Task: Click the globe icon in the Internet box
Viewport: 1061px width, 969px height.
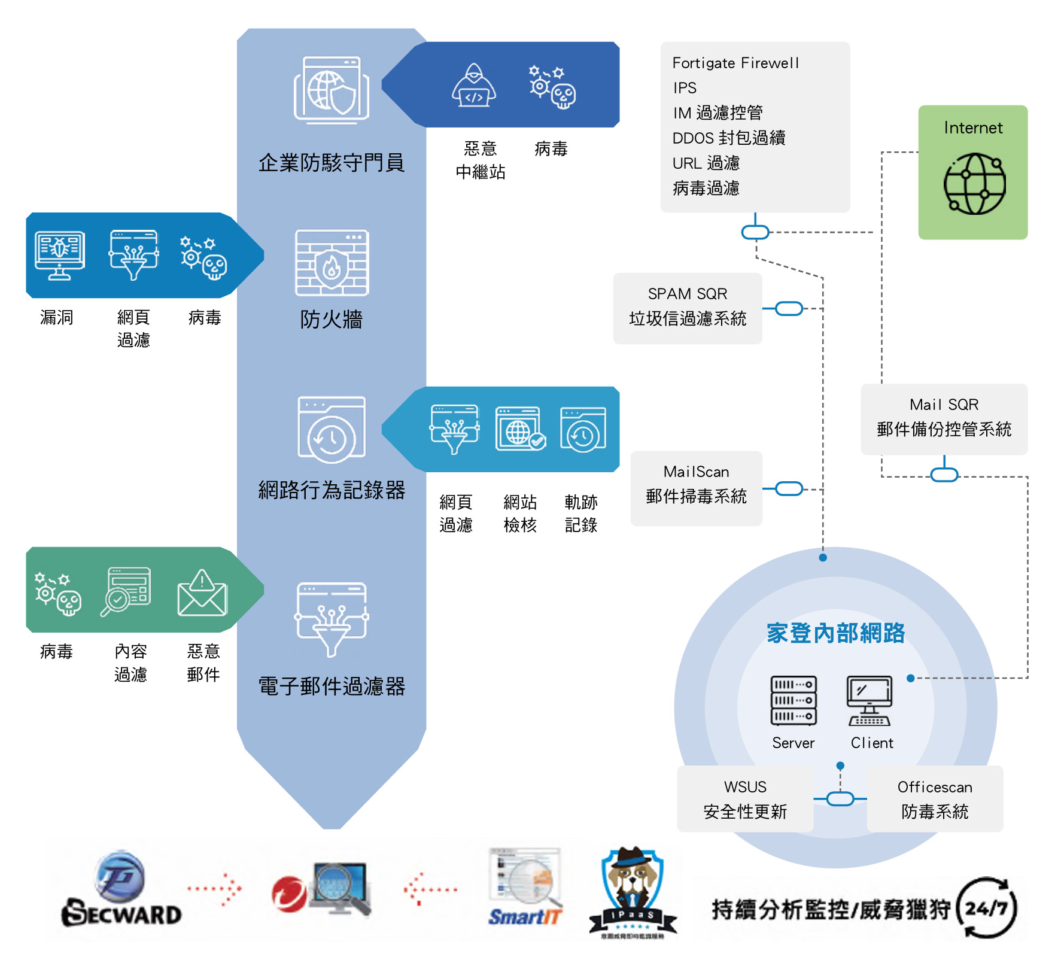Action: point(974,184)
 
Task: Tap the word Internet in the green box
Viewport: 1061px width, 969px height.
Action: point(973,128)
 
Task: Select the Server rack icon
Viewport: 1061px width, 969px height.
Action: point(794,700)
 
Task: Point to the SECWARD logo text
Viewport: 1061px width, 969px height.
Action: point(121,914)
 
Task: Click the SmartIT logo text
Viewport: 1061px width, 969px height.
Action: point(525,916)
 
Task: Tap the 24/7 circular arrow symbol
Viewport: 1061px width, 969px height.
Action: point(986,908)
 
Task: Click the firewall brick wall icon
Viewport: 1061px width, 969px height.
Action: point(332,263)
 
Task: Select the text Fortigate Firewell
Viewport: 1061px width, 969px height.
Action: point(735,63)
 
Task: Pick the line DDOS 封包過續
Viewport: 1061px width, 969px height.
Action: point(729,138)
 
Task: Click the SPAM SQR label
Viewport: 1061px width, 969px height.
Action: point(688,294)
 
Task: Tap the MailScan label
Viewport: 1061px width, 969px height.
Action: point(696,472)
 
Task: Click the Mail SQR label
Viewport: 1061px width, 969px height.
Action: point(944,405)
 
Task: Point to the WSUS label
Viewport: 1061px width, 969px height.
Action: point(745,786)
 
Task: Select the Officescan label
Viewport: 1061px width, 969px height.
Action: point(935,787)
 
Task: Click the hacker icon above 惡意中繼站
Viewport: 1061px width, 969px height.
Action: point(473,87)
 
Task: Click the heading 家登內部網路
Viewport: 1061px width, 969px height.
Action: point(835,633)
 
